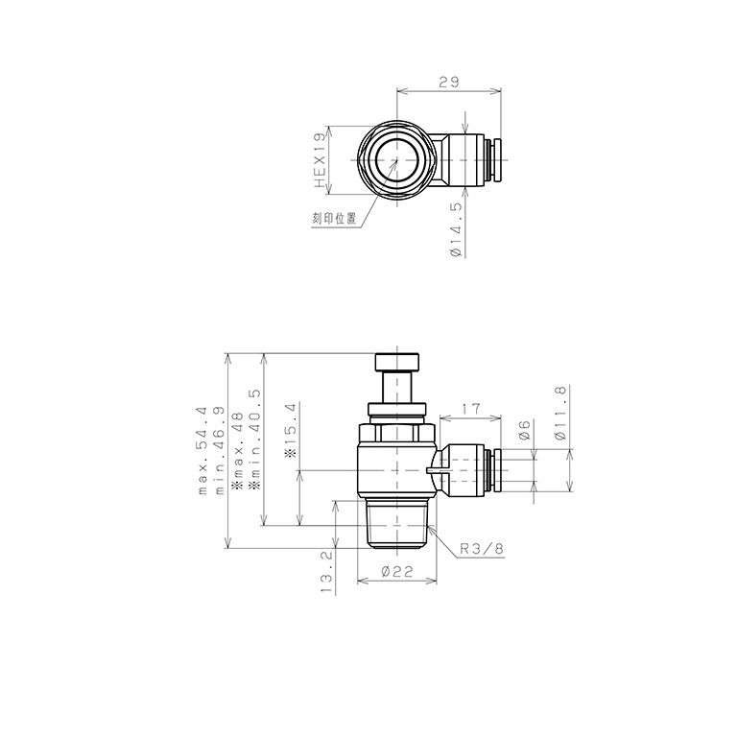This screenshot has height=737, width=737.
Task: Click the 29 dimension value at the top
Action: pos(448,83)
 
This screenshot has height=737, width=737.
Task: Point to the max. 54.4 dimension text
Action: pos(202,450)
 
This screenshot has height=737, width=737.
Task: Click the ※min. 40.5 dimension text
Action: pos(254,437)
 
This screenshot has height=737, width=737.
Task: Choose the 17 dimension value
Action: pos(470,409)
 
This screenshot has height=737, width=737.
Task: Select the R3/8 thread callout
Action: pos(481,549)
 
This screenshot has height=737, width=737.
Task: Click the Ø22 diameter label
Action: pos(396,571)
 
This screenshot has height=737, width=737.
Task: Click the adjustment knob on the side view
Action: pos(396,363)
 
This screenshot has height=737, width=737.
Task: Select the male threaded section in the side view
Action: pos(396,523)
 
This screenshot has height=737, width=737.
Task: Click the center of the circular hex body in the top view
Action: pos(396,160)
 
